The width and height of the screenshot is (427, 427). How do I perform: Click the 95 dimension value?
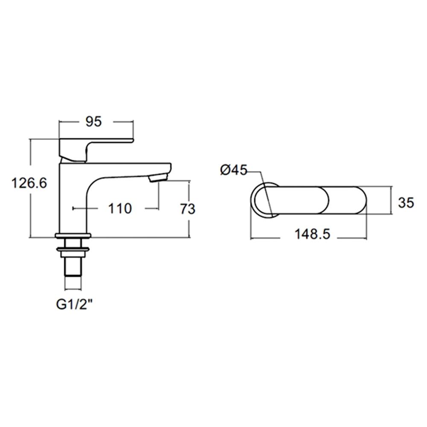click(x=94, y=122)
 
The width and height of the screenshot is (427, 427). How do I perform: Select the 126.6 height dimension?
click(x=29, y=184)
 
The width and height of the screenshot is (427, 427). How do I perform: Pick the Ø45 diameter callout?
click(x=234, y=170)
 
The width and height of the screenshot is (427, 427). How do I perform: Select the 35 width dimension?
click(x=406, y=202)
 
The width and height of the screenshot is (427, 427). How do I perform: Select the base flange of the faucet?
click(x=73, y=235)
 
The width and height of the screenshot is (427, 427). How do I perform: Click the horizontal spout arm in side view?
click(x=128, y=167)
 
